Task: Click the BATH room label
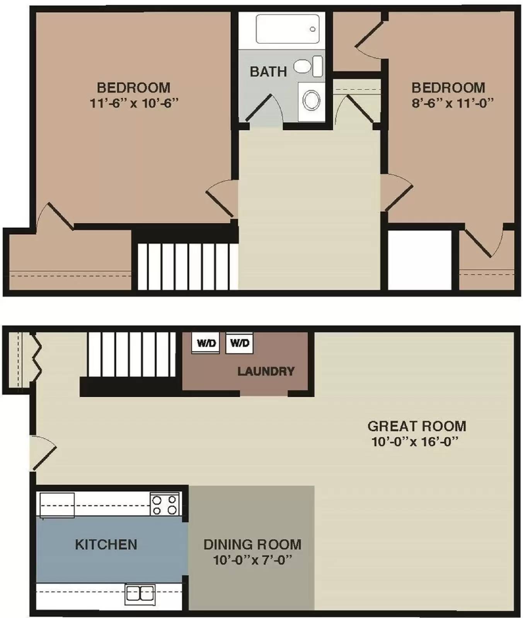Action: click(x=268, y=72)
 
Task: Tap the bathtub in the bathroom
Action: click(x=287, y=29)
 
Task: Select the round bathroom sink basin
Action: click(x=311, y=100)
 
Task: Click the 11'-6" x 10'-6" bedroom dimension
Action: click(x=134, y=104)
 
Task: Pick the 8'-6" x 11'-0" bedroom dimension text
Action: click(x=453, y=104)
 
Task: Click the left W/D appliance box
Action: click(x=206, y=343)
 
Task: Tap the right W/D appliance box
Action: click(x=239, y=343)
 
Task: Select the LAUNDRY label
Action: click(x=266, y=372)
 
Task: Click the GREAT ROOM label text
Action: click(x=417, y=426)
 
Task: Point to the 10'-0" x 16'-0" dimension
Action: click(x=415, y=441)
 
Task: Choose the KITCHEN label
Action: click(x=106, y=545)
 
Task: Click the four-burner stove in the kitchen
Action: click(x=165, y=504)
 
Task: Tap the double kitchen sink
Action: click(x=140, y=594)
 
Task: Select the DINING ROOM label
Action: click(x=252, y=545)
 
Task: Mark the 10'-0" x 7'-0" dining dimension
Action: click(x=252, y=560)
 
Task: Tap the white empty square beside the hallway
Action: click(x=419, y=260)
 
